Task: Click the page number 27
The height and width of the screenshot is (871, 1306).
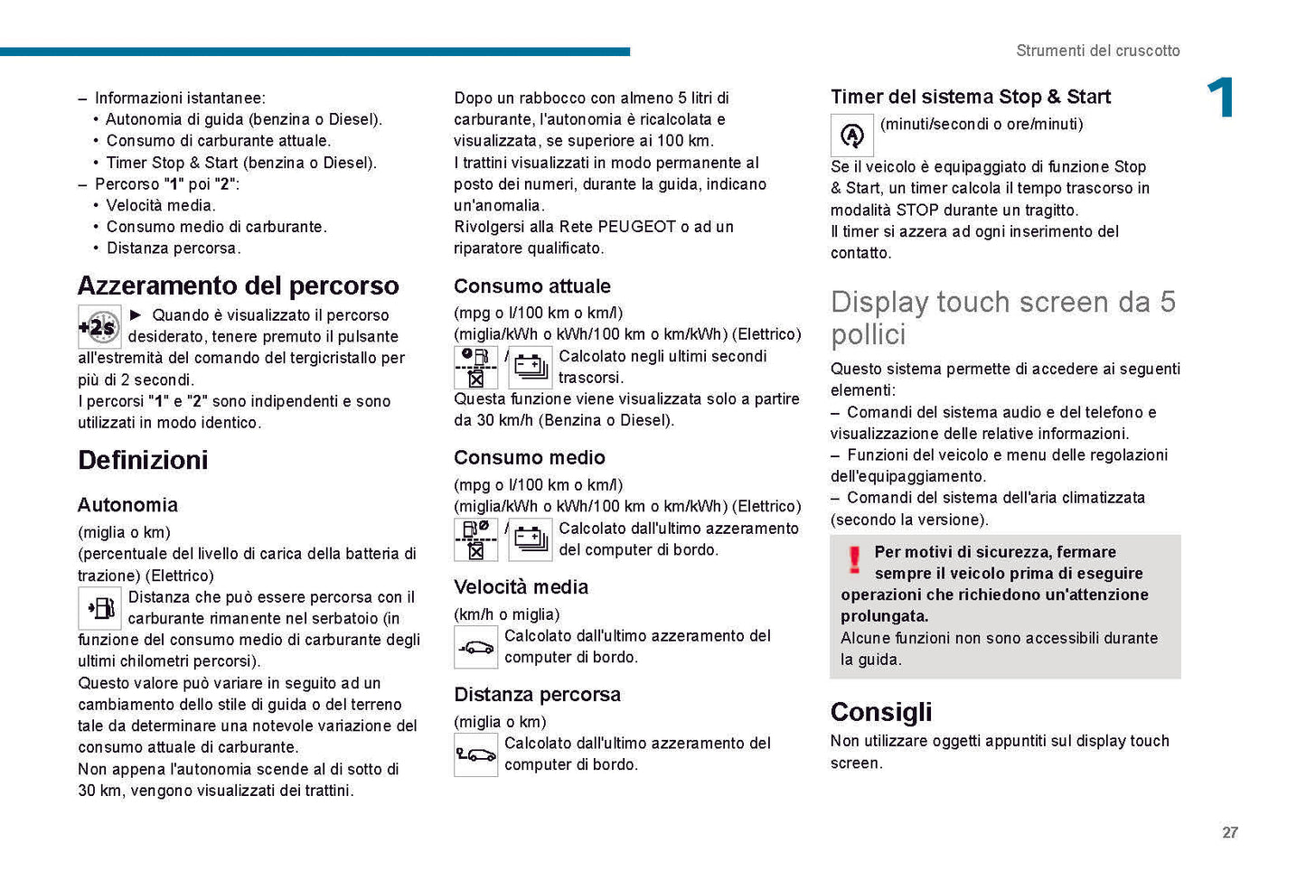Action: (x=1229, y=832)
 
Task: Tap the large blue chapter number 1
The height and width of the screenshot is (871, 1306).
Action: (x=1220, y=98)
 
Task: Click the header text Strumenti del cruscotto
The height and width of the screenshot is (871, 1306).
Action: (x=1097, y=51)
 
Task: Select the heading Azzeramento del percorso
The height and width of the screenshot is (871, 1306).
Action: (x=238, y=286)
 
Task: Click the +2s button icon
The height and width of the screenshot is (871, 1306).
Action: (x=99, y=327)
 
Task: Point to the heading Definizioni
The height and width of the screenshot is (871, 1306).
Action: (x=143, y=460)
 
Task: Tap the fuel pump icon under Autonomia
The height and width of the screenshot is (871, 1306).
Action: (x=99, y=608)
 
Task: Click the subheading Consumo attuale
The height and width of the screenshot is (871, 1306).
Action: (x=531, y=286)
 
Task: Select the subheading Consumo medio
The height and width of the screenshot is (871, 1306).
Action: (x=529, y=458)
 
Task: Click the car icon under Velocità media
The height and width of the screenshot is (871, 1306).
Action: (x=475, y=647)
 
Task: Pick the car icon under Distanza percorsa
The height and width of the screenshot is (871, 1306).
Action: (x=475, y=754)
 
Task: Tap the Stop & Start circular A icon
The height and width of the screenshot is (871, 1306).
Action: (x=851, y=136)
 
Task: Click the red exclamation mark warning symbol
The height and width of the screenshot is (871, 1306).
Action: (x=854, y=560)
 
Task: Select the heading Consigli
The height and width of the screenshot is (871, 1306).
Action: (x=880, y=712)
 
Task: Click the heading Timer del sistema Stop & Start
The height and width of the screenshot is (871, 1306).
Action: (x=970, y=97)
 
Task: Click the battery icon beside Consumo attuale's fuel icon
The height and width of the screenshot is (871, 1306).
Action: (x=531, y=367)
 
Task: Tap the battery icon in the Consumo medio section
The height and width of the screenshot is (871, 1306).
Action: (x=531, y=539)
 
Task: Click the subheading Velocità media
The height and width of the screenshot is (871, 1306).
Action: (x=521, y=587)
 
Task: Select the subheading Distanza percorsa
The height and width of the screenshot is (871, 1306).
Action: (x=537, y=695)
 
